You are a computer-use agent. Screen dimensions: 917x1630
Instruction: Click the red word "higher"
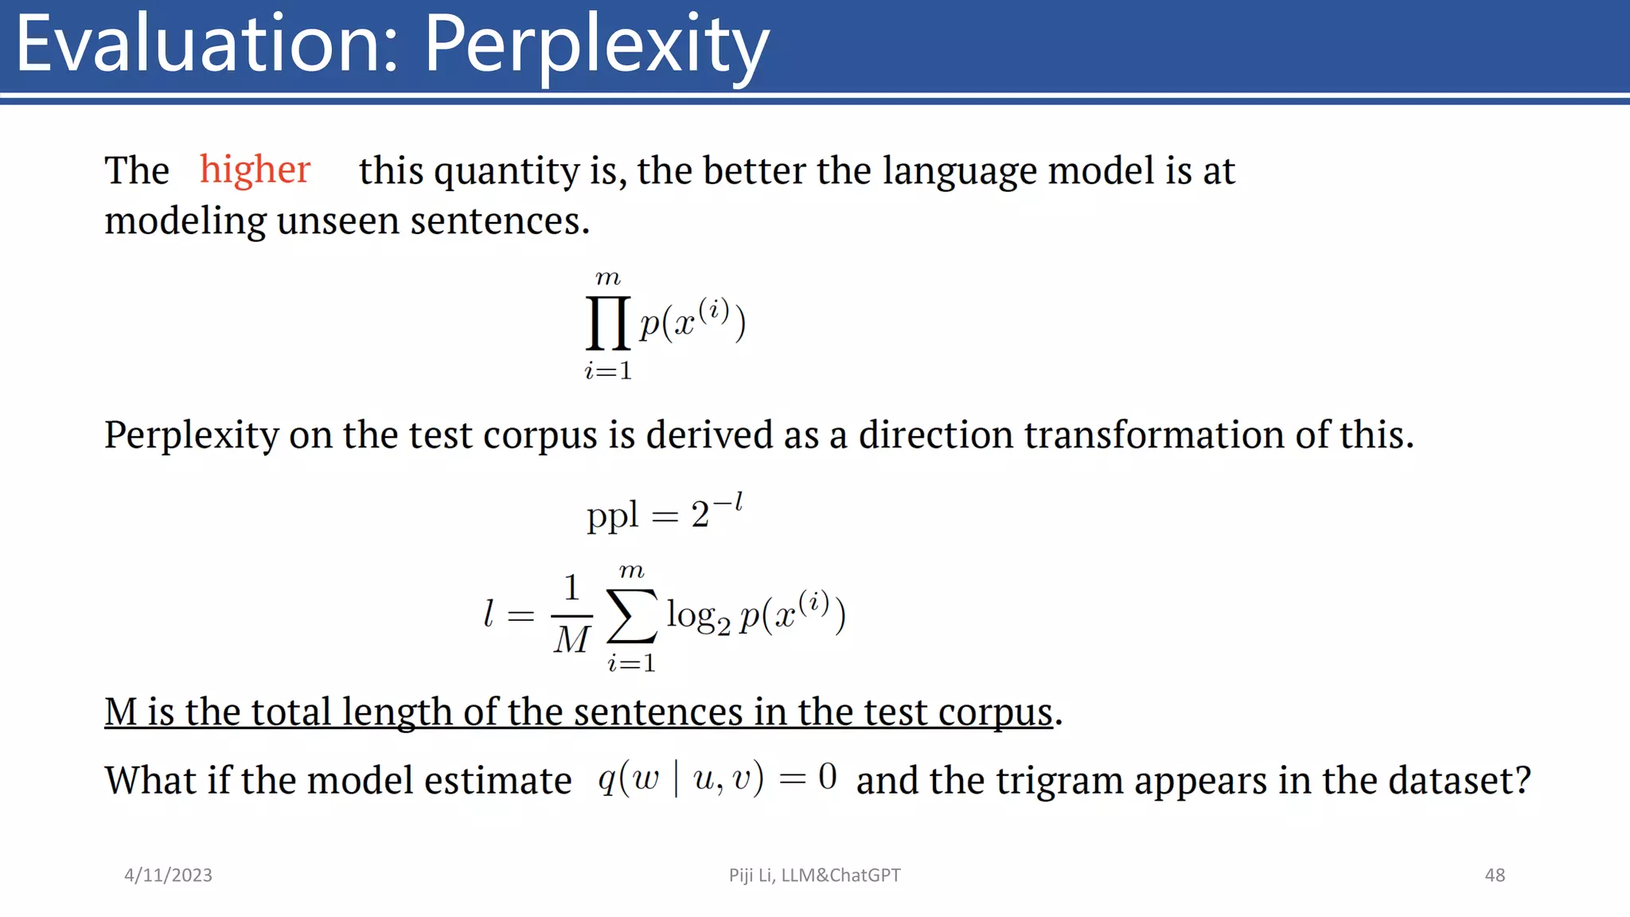(x=255, y=170)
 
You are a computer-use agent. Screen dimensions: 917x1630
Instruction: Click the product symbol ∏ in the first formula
(x=609, y=322)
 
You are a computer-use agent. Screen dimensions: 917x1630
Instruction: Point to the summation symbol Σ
(x=633, y=615)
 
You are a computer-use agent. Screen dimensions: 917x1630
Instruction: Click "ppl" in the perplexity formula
(x=612, y=516)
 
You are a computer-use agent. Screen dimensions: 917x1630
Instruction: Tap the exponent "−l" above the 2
(x=727, y=503)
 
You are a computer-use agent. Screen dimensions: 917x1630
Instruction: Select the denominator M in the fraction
(x=572, y=639)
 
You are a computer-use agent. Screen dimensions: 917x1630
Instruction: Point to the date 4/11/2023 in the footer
(x=168, y=875)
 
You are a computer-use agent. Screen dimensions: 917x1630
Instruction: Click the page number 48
(x=1495, y=875)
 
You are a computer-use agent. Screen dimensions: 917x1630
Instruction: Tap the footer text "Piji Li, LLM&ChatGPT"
(x=814, y=875)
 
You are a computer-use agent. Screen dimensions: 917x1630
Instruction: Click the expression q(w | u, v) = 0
(x=717, y=778)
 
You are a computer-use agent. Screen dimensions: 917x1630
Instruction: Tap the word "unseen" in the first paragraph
(x=337, y=221)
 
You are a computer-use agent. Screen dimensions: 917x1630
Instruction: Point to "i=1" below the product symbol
(x=608, y=370)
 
